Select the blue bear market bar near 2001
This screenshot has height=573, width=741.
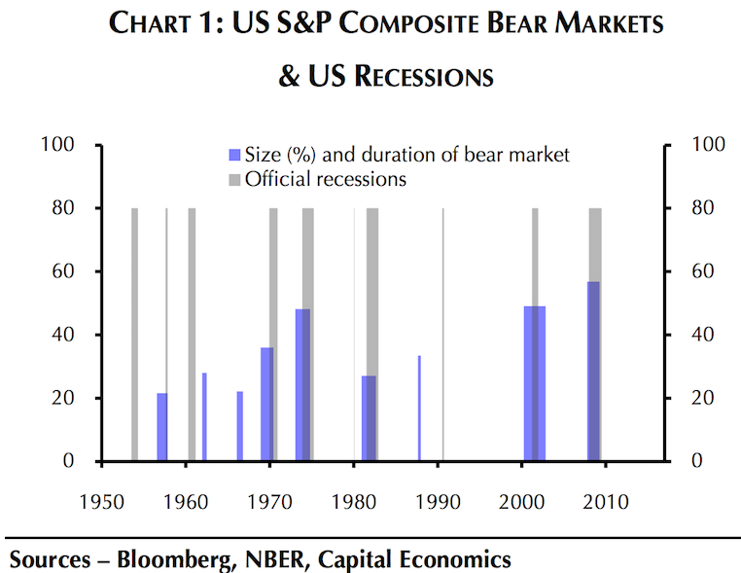[x=534, y=383]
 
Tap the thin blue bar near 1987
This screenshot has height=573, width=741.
[x=419, y=408]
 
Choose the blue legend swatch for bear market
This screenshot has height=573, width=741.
[x=234, y=155]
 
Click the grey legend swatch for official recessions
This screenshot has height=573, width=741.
[x=234, y=180]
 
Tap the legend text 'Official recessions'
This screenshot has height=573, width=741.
[x=326, y=180]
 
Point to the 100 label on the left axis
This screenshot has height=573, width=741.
[x=61, y=145]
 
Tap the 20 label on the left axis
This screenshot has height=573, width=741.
[x=65, y=398]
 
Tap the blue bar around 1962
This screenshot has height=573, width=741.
[x=204, y=417]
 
